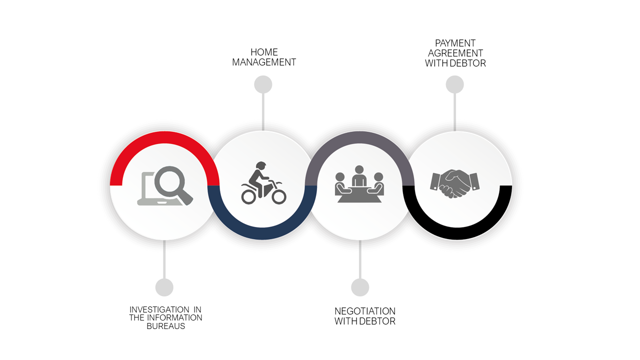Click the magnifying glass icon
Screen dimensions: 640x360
[x=173, y=185]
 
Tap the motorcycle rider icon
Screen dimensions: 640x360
[x=263, y=183]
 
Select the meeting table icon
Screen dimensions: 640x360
[x=359, y=184]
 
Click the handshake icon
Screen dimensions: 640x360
[x=455, y=183]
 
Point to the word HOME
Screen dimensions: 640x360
[x=264, y=52]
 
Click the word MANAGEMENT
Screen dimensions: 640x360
[x=264, y=62]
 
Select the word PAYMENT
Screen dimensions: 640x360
[x=455, y=43]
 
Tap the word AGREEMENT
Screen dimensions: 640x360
[x=455, y=53]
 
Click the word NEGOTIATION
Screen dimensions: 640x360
[x=365, y=311]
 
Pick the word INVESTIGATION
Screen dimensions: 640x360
[x=159, y=309]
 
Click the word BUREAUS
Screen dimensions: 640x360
[x=165, y=326]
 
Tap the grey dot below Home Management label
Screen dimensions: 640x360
[x=263, y=84]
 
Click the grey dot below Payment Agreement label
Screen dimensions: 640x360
[x=455, y=84]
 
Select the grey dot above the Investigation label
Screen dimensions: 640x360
[x=164, y=287]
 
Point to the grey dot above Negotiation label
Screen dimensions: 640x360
[x=360, y=287]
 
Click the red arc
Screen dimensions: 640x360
[x=164, y=137]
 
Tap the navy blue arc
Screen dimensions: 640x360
[x=262, y=233]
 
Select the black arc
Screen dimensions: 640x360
[x=457, y=233]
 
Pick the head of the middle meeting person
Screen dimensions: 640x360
[x=359, y=169]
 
